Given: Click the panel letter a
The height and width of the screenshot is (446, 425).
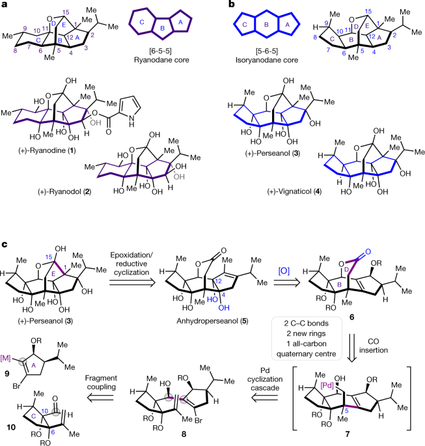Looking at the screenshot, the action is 5,5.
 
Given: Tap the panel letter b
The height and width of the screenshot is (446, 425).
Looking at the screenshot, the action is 232,5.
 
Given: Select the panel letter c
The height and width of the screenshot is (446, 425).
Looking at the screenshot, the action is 5,244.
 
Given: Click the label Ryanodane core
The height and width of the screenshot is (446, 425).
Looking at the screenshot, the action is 161,60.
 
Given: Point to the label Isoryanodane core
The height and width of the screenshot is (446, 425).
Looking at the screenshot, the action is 267,60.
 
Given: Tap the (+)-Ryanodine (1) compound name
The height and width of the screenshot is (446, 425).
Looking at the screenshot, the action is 47,150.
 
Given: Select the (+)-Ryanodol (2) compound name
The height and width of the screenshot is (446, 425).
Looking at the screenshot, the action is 64,191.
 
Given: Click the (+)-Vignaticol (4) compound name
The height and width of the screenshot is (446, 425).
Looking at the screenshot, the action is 294,191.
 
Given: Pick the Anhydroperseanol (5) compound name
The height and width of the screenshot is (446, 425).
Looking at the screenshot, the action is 212,321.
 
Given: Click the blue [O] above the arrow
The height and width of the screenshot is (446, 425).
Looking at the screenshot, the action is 284,271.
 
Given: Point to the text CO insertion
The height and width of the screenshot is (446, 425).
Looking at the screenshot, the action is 374,346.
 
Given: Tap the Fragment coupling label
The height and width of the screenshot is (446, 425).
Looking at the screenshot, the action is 101,382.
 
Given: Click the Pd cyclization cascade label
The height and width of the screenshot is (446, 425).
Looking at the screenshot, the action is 265,379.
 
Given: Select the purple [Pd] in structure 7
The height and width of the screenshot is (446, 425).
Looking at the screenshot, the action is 327,385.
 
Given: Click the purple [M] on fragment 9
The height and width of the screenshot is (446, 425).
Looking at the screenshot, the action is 5,358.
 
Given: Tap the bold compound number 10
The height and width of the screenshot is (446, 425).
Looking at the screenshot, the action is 11,427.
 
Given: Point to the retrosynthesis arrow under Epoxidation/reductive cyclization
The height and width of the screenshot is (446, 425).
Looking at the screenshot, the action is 132,282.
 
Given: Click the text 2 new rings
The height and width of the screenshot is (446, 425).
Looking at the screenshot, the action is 306,333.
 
